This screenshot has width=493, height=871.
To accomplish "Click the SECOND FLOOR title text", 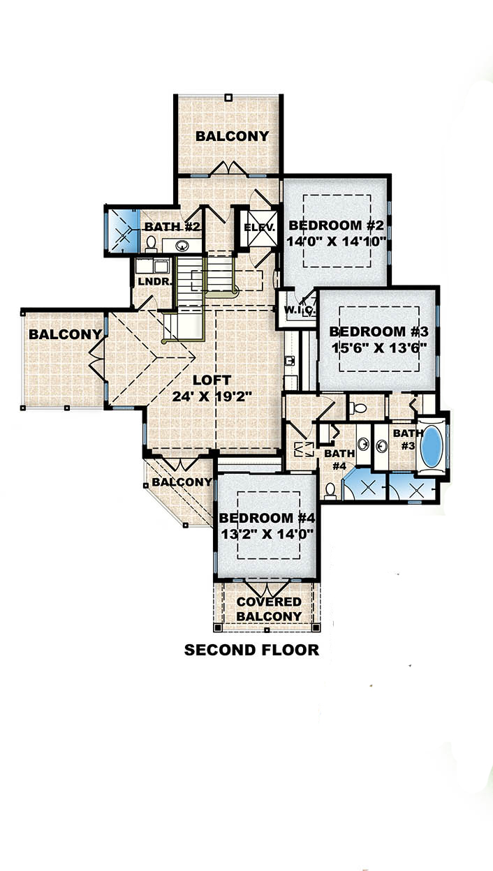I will (x=251, y=650).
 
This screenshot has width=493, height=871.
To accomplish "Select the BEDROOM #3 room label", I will (x=377, y=332).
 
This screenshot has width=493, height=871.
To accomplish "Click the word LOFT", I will (x=211, y=380).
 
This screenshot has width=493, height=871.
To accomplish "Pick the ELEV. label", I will (x=260, y=228).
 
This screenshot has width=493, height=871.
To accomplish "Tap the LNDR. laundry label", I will (x=152, y=281).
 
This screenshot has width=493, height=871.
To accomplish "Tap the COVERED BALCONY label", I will (x=269, y=609).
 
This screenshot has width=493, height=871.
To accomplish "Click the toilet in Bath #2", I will (x=151, y=243).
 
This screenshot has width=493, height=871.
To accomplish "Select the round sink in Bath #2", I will (x=184, y=245).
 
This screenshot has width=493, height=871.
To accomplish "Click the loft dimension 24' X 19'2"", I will (x=212, y=396).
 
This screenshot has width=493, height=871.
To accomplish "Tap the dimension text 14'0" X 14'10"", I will (x=337, y=243).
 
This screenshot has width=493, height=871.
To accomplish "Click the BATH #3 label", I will (x=404, y=439).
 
